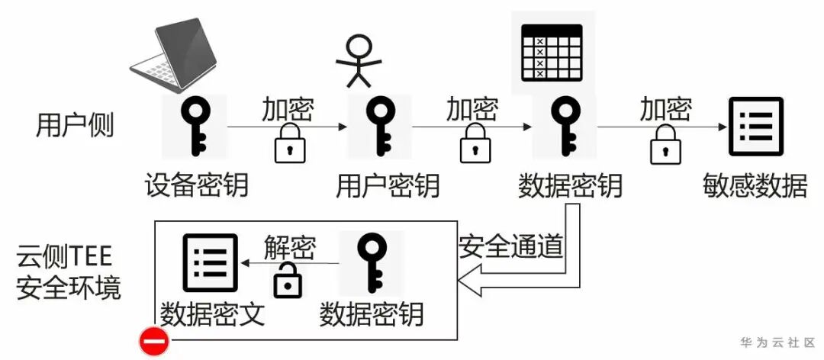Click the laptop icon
pyautogui.click(x=177, y=53)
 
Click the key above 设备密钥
pyautogui.click(x=193, y=126)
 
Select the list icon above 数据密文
pyautogui.click(x=211, y=263)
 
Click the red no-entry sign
pyautogui.click(x=153, y=342)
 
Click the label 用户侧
pyautogui.click(x=75, y=125)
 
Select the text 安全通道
pyautogui.click(x=511, y=246)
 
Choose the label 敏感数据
pyautogui.click(x=755, y=185)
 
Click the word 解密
pyautogui.click(x=290, y=247)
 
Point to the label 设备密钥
pyautogui.click(x=196, y=185)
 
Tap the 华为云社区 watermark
pyautogui.click(x=777, y=342)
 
